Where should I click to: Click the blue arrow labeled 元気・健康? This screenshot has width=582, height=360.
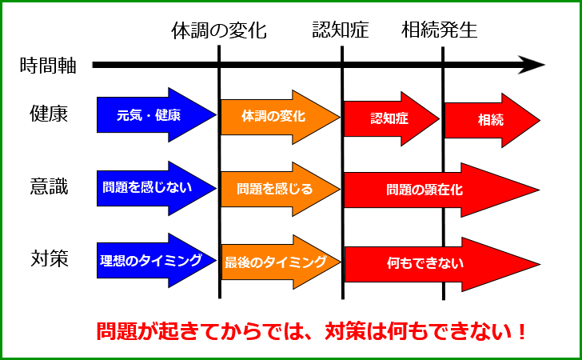(156, 114)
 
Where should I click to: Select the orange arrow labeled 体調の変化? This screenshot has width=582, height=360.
(281, 117)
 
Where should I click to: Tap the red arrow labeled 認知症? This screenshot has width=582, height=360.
(392, 119)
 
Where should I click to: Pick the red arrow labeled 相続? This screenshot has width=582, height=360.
(492, 120)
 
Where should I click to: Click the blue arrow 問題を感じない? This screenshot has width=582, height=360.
(156, 188)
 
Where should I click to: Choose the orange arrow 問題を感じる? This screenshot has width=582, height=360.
(281, 190)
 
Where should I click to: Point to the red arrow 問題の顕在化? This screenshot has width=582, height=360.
(441, 190)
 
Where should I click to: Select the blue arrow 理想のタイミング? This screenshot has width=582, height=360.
(156, 261)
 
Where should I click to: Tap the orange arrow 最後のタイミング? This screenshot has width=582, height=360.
(281, 262)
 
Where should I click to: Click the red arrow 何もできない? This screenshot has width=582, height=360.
(442, 265)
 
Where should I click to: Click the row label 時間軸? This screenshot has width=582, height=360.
(48, 66)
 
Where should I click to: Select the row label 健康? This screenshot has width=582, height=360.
(49, 114)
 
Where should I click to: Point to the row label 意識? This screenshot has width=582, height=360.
(49, 186)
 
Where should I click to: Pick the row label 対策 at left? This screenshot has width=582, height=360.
(50, 259)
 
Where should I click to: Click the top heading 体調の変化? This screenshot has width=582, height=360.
(219, 30)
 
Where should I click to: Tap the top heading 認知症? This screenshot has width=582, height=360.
(341, 30)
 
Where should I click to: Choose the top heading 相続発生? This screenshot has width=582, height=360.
(439, 30)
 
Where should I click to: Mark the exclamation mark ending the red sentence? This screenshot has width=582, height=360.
(521, 332)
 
